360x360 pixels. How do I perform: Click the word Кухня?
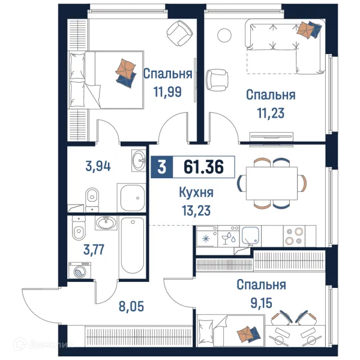coord(196,193)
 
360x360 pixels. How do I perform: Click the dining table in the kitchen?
coord(271,182)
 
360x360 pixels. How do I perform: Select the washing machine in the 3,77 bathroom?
coord(80,271)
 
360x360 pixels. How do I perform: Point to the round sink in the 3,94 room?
coord(137,160)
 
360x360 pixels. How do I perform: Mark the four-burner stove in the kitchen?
coord(294,235)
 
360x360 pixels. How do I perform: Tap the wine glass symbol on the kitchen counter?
coord(226,238)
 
